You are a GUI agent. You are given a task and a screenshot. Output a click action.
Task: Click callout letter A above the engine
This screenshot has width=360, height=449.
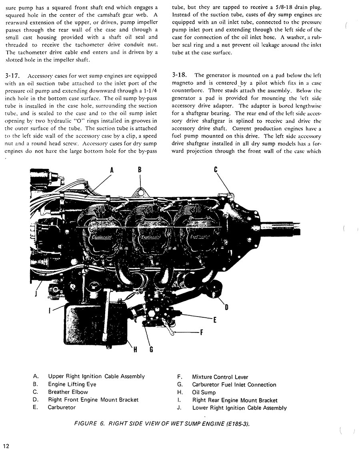click(x=112, y=170)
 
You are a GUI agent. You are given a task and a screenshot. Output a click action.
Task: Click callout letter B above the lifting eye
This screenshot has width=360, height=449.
click(x=140, y=169)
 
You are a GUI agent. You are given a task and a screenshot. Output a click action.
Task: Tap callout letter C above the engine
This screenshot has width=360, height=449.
click(x=216, y=169)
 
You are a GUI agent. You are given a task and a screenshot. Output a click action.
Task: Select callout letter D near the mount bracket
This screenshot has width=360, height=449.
click(x=226, y=307)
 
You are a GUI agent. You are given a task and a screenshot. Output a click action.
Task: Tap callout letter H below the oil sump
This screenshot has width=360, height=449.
click(x=135, y=349)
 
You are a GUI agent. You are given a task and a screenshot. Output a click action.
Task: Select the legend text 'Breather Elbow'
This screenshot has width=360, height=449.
click(x=68, y=392)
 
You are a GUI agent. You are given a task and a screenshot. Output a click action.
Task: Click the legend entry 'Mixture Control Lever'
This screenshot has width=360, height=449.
click(x=220, y=377)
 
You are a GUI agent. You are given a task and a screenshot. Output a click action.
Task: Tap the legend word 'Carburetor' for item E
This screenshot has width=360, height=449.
click(x=62, y=407)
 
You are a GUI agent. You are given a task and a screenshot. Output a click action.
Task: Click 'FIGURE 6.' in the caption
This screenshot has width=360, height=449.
click(x=90, y=424)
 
